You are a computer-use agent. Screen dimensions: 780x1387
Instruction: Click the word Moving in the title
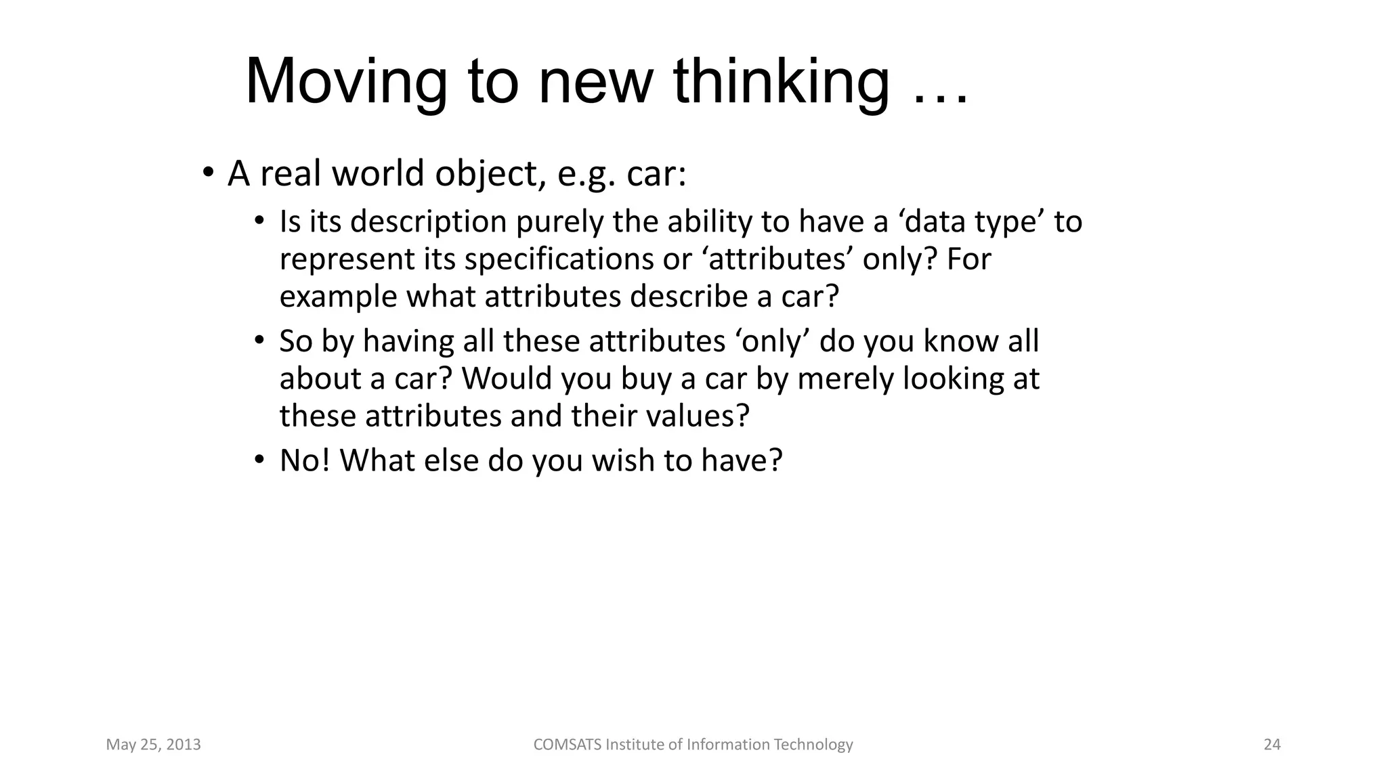click(x=345, y=83)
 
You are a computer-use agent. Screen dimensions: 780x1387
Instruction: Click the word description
click(x=428, y=223)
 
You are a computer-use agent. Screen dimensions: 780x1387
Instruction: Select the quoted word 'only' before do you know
click(x=772, y=341)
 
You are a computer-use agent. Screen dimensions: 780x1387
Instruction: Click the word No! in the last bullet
click(x=304, y=461)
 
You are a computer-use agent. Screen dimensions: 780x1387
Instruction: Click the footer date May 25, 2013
click(x=153, y=745)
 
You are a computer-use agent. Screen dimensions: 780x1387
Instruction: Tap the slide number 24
click(x=1272, y=745)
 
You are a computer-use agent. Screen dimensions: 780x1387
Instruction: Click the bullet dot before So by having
click(x=259, y=341)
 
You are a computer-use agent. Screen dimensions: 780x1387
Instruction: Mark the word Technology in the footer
click(x=813, y=745)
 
